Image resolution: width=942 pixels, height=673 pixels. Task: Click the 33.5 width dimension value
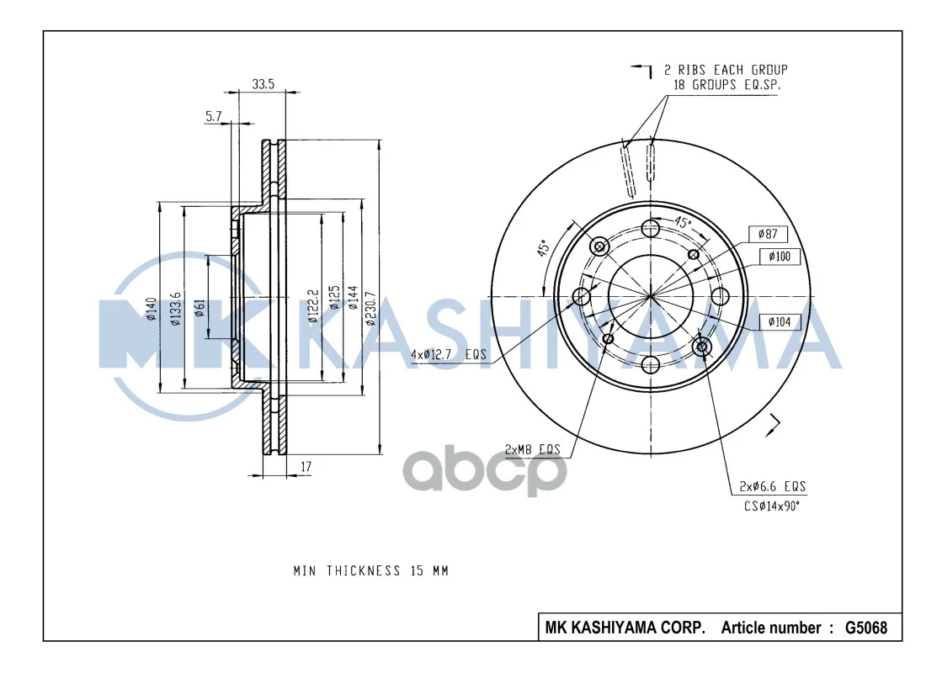point(263,84)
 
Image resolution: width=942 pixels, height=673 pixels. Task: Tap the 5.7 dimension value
point(213,116)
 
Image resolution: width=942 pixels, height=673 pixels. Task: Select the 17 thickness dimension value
point(306,467)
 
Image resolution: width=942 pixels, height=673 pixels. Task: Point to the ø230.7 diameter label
point(370,309)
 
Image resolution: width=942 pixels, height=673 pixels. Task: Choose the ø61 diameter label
point(200,308)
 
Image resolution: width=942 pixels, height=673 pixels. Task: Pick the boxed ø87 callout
point(768,234)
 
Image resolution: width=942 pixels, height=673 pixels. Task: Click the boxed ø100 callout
point(780,257)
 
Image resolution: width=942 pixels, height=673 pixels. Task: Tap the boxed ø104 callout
point(780,322)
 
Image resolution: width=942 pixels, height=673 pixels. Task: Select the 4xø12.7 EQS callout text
point(448,354)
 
